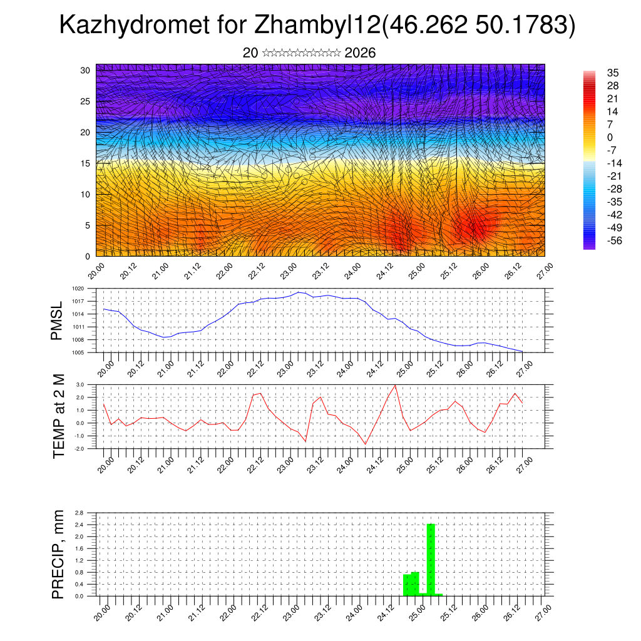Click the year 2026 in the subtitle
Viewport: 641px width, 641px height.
[360, 53]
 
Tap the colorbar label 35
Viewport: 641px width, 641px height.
[613, 73]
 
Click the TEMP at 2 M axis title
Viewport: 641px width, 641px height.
[59, 416]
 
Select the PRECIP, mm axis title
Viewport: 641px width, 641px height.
[58, 553]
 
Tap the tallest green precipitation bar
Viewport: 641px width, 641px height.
[431, 559]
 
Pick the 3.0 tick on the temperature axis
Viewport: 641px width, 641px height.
[80, 384]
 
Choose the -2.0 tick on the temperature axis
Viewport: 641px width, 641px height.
[79, 449]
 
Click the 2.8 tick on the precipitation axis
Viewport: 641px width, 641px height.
[79, 513]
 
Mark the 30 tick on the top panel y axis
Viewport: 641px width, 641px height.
[85, 70]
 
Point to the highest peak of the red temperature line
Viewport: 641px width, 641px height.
[395, 385]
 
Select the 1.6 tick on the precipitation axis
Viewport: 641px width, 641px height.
[79, 548]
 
